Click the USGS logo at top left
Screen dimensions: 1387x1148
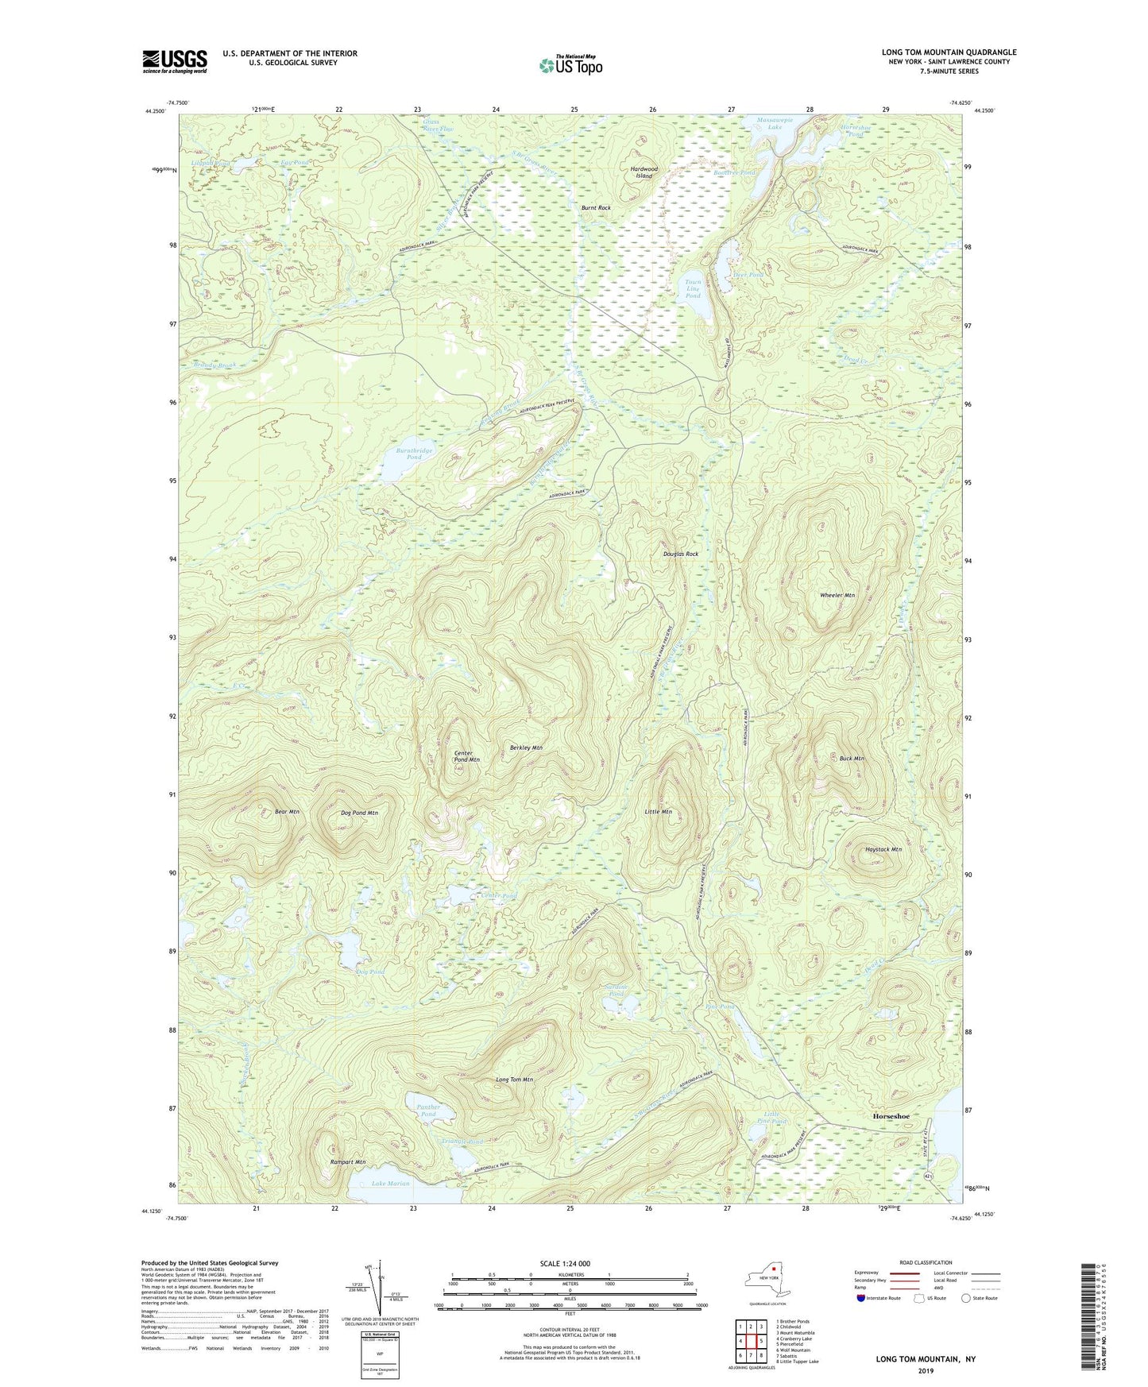coord(175,62)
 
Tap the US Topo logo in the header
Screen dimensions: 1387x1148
coord(569,65)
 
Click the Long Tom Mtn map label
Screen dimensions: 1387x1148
coord(514,1080)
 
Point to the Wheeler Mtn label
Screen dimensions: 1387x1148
coord(837,595)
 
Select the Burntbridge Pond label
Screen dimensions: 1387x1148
coord(414,454)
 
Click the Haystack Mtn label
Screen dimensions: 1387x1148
coord(883,849)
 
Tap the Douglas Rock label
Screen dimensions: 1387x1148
coord(681,554)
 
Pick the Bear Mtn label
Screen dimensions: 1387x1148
coord(287,812)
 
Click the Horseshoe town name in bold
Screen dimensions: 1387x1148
coord(891,1115)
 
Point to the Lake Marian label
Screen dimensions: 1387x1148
coord(390,1184)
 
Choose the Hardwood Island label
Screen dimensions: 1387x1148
coord(644,172)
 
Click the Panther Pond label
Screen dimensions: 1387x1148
coord(428,1110)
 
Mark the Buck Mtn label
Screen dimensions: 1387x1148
coord(852,759)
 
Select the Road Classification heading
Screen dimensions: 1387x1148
coord(926,1262)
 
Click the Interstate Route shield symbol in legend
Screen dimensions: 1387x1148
coord(862,1298)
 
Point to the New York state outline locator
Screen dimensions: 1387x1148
coord(767,1281)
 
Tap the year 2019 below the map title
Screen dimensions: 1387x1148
coord(926,1371)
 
